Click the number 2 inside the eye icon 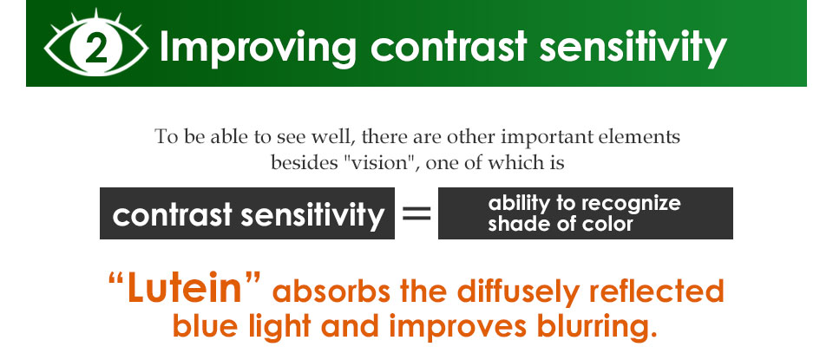[95, 50]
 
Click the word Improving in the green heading [257, 47]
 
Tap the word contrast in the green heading [448, 46]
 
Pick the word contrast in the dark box [172, 215]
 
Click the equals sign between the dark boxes [416, 213]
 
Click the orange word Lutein [184, 287]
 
